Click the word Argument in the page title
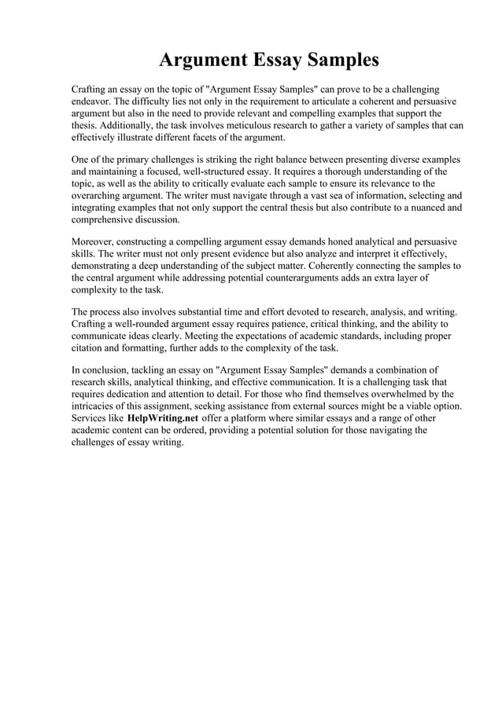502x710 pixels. tap(201, 60)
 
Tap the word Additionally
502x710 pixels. tap(127, 125)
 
